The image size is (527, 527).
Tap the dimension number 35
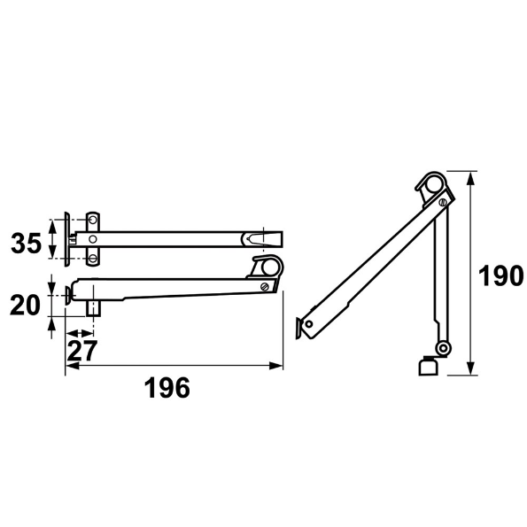(26, 243)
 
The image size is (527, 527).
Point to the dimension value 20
(26, 306)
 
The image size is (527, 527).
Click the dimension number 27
(81, 350)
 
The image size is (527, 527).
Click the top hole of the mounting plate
(92, 219)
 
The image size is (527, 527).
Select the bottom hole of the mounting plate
(92, 258)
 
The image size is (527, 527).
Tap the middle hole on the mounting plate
(92, 237)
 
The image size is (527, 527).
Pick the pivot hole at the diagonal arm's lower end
(308, 324)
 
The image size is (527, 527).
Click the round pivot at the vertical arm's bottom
(441, 346)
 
